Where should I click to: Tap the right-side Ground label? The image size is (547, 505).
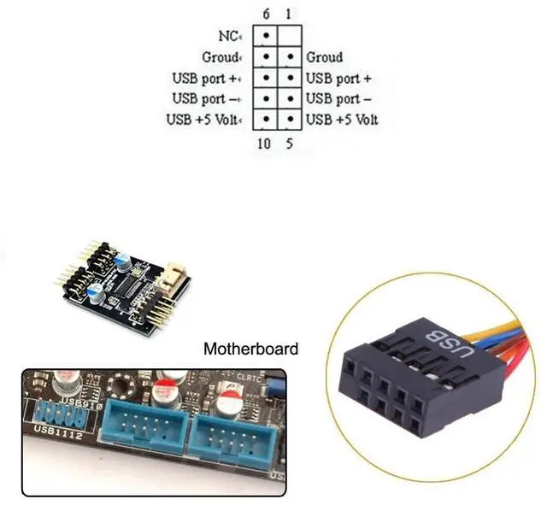coord(324,57)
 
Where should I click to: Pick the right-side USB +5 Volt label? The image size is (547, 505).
coord(341,119)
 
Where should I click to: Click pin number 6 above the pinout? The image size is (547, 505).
coord(266,15)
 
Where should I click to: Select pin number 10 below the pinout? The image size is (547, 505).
coord(265,144)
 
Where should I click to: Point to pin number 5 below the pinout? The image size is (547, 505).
coord(289,144)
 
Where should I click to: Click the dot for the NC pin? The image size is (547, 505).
coord(267,37)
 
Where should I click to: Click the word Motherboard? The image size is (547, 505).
coord(251,349)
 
